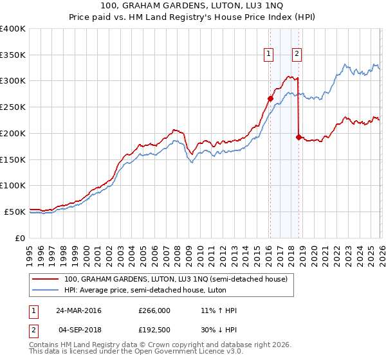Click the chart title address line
tap(193, 5)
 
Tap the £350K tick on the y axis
tap(13, 55)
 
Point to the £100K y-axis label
tap(13, 185)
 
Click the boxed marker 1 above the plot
tap(268, 54)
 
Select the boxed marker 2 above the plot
tap(297, 54)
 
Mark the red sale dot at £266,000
tap(270, 98)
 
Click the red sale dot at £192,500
tap(299, 137)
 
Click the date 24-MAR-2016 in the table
tap(78, 310)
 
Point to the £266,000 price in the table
tap(154, 310)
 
